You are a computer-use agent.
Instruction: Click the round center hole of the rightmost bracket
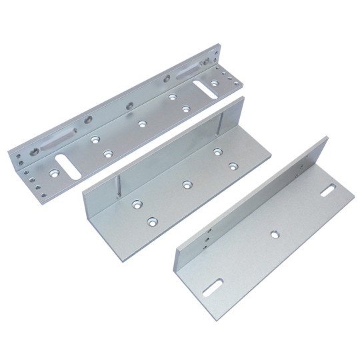pos(274,234)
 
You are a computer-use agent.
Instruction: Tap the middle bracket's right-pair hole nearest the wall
pos(217,153)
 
